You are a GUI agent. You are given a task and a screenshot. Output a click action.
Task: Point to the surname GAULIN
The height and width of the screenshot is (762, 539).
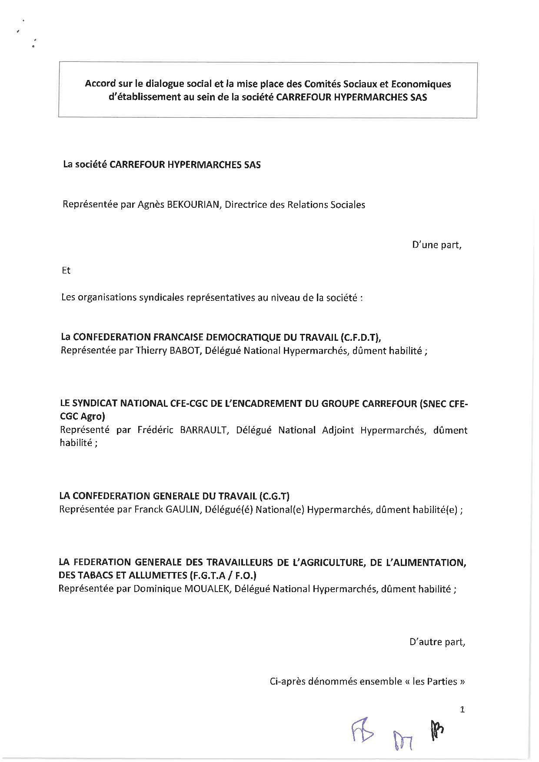[183, 509]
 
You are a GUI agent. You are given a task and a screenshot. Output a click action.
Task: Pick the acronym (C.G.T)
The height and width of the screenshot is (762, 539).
[274, 496]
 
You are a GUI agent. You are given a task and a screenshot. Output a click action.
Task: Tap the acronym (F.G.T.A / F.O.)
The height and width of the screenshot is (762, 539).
[223, 576]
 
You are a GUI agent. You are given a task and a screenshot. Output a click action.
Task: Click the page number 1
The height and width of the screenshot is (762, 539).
[462, 710]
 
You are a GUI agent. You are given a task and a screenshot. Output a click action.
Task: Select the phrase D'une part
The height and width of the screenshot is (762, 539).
[436, 245]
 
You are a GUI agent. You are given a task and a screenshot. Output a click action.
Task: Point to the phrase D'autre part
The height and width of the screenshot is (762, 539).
[437, 642]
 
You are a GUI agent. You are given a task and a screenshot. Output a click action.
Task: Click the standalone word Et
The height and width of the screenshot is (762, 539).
[66, 271]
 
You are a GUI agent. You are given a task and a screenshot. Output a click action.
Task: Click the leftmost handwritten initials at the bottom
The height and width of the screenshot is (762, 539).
[362, 734]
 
